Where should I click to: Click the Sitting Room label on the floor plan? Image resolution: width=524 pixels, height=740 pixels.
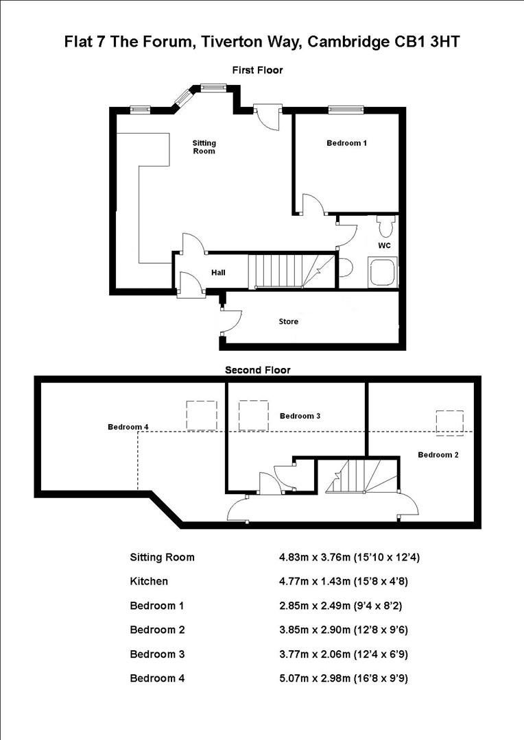(204, 147)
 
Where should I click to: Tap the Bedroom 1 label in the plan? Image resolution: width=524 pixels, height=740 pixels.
(346, 143)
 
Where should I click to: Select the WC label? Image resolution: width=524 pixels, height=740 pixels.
(384, 245)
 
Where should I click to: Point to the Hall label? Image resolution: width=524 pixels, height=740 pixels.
(218, 273)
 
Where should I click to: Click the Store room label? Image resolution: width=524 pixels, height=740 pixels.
(288, 321)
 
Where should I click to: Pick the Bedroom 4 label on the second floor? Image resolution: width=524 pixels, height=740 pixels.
(128, 427)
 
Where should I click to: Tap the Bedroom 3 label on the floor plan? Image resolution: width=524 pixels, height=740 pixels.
(300, 416)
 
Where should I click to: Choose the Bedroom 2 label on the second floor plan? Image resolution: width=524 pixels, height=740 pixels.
(438, 455)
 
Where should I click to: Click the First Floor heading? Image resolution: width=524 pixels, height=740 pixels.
(257, 70)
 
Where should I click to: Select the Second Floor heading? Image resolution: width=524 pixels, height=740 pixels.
(258, 370)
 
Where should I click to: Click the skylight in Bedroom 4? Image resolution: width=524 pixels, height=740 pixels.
(202, 415)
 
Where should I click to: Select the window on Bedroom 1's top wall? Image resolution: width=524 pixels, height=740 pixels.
(346, 108)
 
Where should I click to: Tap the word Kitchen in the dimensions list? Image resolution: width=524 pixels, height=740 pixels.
(149, 581)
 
